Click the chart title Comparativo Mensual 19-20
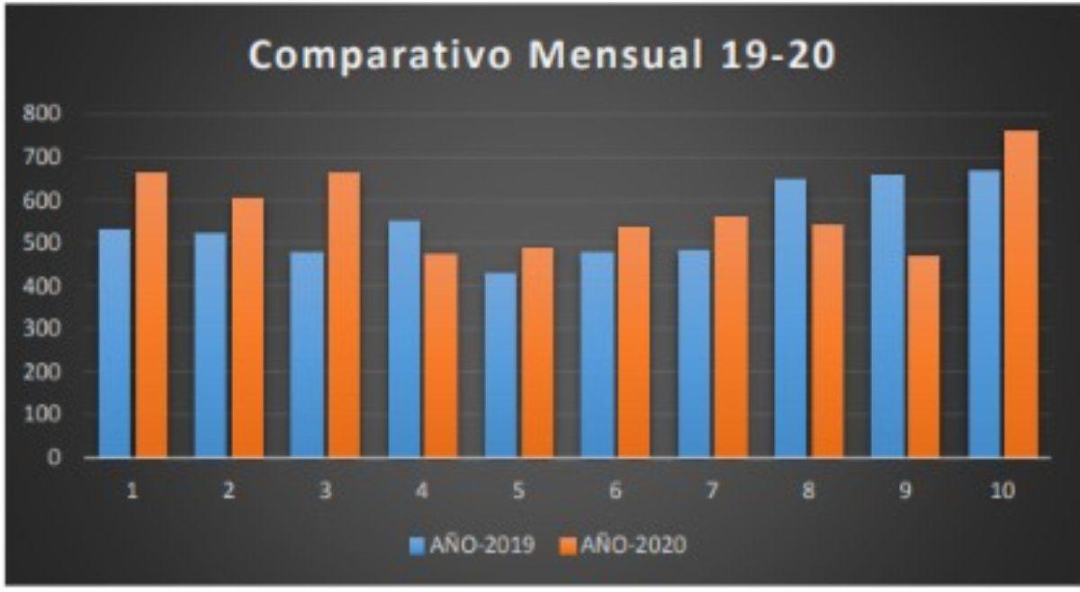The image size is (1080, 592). click(x=542, y=56)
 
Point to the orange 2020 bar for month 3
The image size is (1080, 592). click(x=344, y=315)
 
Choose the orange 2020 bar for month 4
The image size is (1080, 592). click(x=441, y=355)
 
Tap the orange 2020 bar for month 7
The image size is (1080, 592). click(x=731, y=338)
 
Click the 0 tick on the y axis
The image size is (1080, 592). click(x=56, y=457)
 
